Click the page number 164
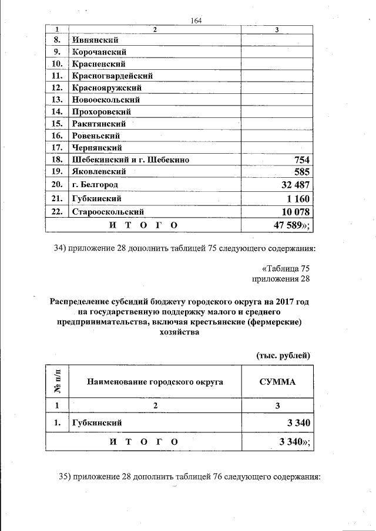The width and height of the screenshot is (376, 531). tap(196, 21)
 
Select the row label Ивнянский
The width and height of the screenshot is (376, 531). tap(95, 40)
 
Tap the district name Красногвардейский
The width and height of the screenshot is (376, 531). tap(112, 76)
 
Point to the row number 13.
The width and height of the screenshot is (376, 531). tap(57, 99)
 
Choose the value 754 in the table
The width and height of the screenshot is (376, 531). tap(298, 160)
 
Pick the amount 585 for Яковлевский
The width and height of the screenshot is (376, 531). tap(298, 172)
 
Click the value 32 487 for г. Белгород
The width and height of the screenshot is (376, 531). tap(287, 185)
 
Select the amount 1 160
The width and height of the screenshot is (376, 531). tap(292, 198)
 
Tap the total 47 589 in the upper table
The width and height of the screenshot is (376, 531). tap(286, 225)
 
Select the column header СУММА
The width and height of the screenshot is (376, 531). tap(277, 382)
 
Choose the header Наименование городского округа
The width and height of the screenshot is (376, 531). tap(155, 382)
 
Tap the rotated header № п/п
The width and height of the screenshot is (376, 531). tap(58, 382)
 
